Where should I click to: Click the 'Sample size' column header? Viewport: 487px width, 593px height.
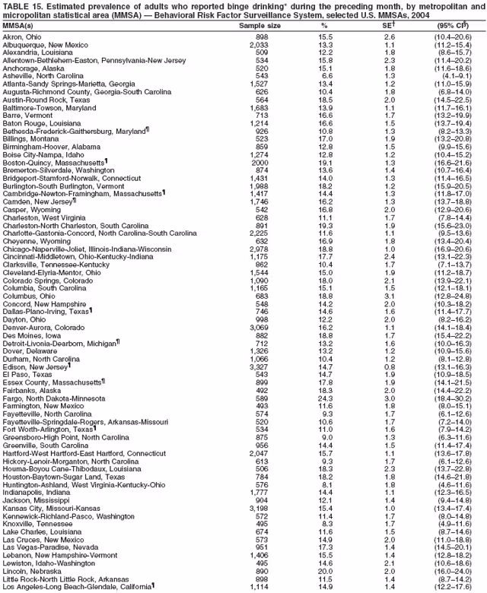pyautogui.click(x=260, y=27)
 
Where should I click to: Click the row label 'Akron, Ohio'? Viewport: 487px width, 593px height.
pyautogui.click(x=21, y=36)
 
